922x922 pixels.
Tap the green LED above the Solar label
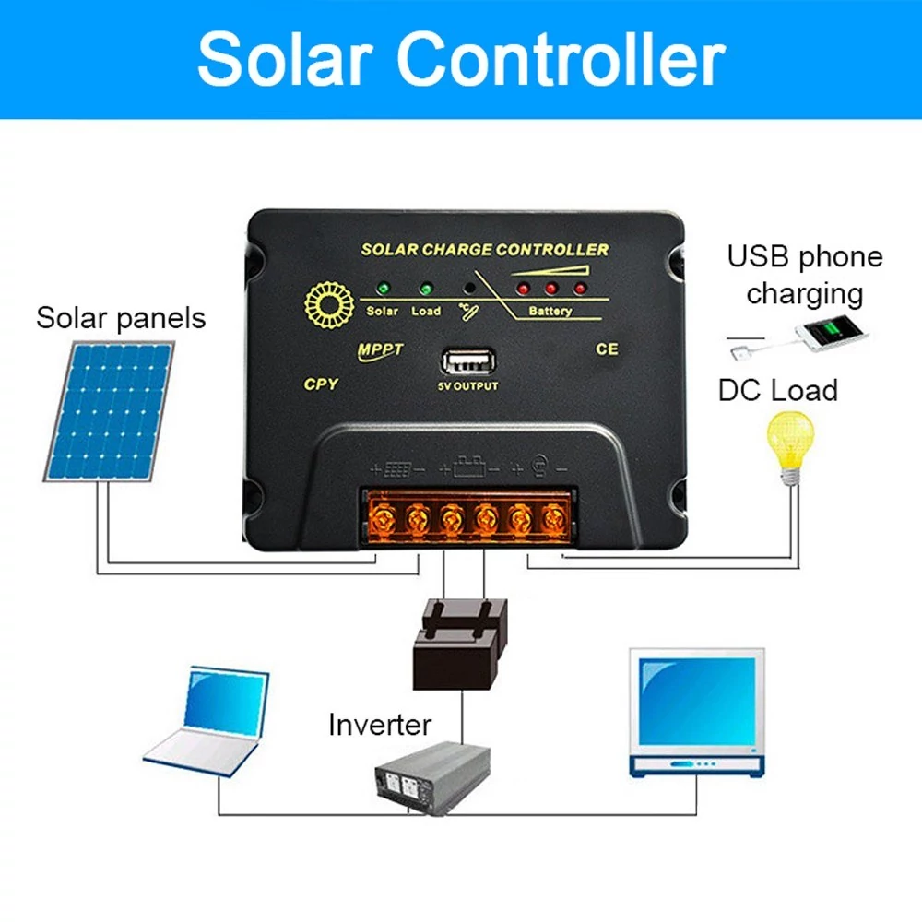coord(384,288)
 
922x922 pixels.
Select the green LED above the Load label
coord(426,289)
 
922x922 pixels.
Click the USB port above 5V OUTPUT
coord(468,362)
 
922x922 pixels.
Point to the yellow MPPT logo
coord(380,351)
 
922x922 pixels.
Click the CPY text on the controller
coord(321,384)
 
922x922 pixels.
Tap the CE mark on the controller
coord(607,349)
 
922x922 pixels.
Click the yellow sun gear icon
coord(329,304)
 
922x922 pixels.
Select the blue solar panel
coord(110,411)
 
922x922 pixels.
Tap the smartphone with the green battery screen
coord(832,333)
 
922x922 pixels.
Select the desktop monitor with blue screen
coord(697,713)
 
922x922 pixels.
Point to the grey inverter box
coord(432,778)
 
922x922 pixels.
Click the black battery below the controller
coord(460,644)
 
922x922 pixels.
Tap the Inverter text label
coord(380,725)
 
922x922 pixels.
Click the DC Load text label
coord(778,390)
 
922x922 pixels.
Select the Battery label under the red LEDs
coord(550,311)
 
